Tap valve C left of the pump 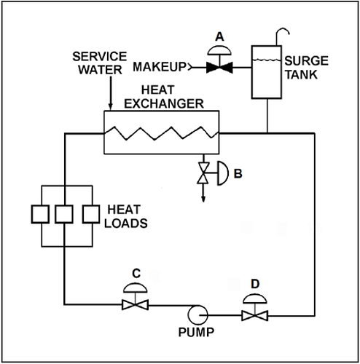[133, 305]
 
